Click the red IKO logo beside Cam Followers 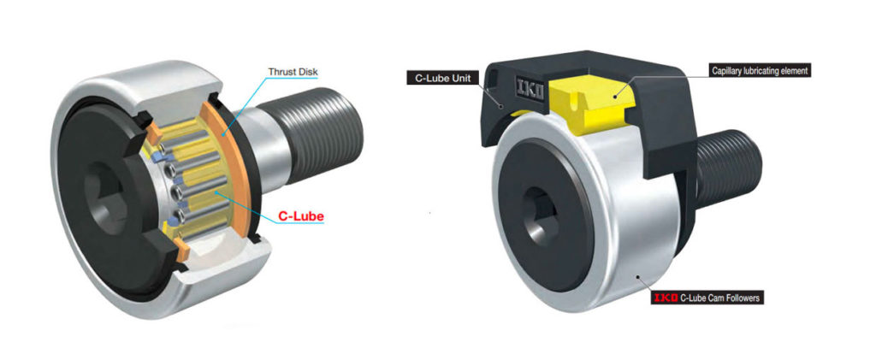pyautogui.click(x=664, y=298)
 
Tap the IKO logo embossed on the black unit pyautogui.click(x=528, y=86)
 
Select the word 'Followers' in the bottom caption pyautogui.click(x=744, y=298)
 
